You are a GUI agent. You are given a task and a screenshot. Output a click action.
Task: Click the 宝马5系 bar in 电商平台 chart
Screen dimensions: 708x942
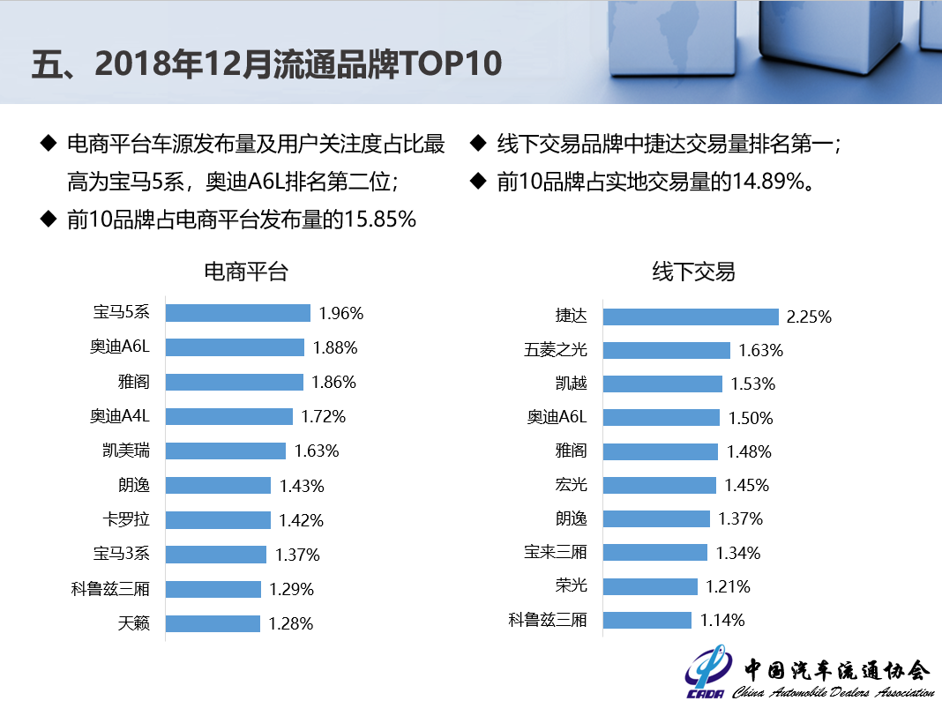click(237, 313)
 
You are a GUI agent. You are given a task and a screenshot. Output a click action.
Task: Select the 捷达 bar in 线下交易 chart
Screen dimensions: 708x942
click(691, 317)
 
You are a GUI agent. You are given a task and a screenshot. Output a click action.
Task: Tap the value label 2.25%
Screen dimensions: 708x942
click(809, 317)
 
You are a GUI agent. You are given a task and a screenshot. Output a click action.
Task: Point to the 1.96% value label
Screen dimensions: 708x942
click(341, 313)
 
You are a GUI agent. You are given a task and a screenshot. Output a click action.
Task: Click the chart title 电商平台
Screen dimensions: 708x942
click(246, 272)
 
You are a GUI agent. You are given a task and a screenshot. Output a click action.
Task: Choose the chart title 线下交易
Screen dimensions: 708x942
click(694, 272)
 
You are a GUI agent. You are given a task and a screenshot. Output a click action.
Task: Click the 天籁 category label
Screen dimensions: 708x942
click(134, 623)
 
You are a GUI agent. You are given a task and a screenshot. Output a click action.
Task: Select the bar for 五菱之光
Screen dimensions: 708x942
click(666, 350)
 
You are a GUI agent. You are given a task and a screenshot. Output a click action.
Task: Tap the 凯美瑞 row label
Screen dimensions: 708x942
click(126, 451)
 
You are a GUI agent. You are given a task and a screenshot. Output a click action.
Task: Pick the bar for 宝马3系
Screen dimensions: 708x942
click(215, 555)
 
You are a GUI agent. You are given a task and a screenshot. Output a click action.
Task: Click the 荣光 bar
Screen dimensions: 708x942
click(650, 586)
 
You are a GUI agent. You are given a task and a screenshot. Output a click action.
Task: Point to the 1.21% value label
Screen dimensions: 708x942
click(728, 586)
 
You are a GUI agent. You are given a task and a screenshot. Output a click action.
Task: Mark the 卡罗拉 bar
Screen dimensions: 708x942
click(218, 520)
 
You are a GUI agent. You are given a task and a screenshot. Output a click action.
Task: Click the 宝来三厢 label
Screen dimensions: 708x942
click(556, 553)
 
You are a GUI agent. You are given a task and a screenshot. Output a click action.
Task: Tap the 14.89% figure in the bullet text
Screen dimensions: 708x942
click(766, 183)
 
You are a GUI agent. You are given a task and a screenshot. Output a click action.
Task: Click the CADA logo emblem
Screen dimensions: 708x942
click(706, 674)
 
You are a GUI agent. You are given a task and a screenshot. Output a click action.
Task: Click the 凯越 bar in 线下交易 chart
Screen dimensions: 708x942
click(662, 384)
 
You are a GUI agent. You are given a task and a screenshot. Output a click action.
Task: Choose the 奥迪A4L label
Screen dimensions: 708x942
click(120, 416)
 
